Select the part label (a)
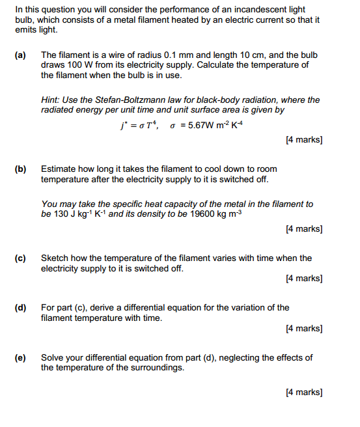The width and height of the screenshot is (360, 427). [20, 56]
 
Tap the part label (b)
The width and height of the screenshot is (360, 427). [20, 169]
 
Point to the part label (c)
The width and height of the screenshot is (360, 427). [20, 258]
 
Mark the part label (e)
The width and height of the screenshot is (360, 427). [20, 357]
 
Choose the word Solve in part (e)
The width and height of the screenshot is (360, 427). [53, 357]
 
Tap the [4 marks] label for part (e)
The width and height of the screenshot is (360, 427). [304, 392]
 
